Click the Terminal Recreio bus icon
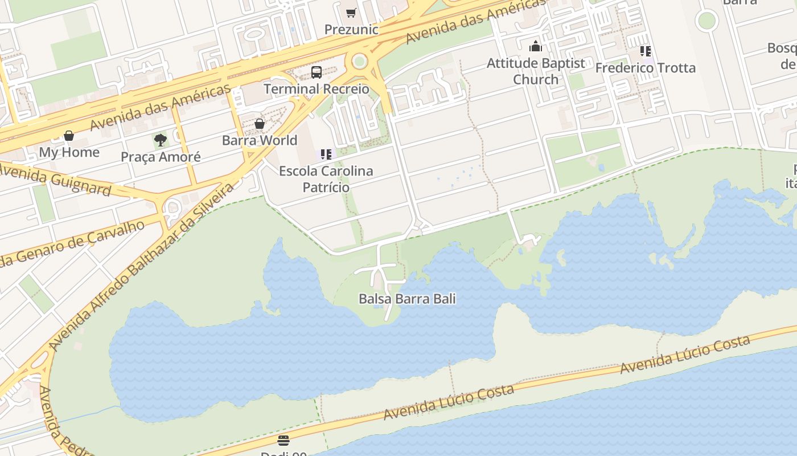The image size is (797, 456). tap(317, 72)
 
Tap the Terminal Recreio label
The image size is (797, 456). tap(317, 89)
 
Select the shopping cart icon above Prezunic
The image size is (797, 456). tap(351, 13)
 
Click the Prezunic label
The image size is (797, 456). tap(352, 29)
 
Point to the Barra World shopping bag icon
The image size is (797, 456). tap(260, 124)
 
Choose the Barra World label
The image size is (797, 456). tap(260, 140)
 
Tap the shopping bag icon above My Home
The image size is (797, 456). tap(69, 136)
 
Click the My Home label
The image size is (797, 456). tap(69, 152)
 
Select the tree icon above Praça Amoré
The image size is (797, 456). tap(161, 140)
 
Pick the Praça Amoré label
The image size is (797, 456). tap(161, 157)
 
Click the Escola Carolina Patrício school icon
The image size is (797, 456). tap(326, 154)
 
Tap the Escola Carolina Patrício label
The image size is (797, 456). tap(326, 178)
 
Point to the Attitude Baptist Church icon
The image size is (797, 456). tap(536, 46)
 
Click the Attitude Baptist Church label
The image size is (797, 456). tap(536, 71)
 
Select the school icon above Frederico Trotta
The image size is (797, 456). tap(645, 51)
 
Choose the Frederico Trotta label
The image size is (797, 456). tap(645, 68)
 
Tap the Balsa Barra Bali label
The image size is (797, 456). tap(407, 299)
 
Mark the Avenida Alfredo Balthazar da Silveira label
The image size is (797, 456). tap(142, 266)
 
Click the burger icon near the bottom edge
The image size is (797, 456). tap(284, 440)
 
